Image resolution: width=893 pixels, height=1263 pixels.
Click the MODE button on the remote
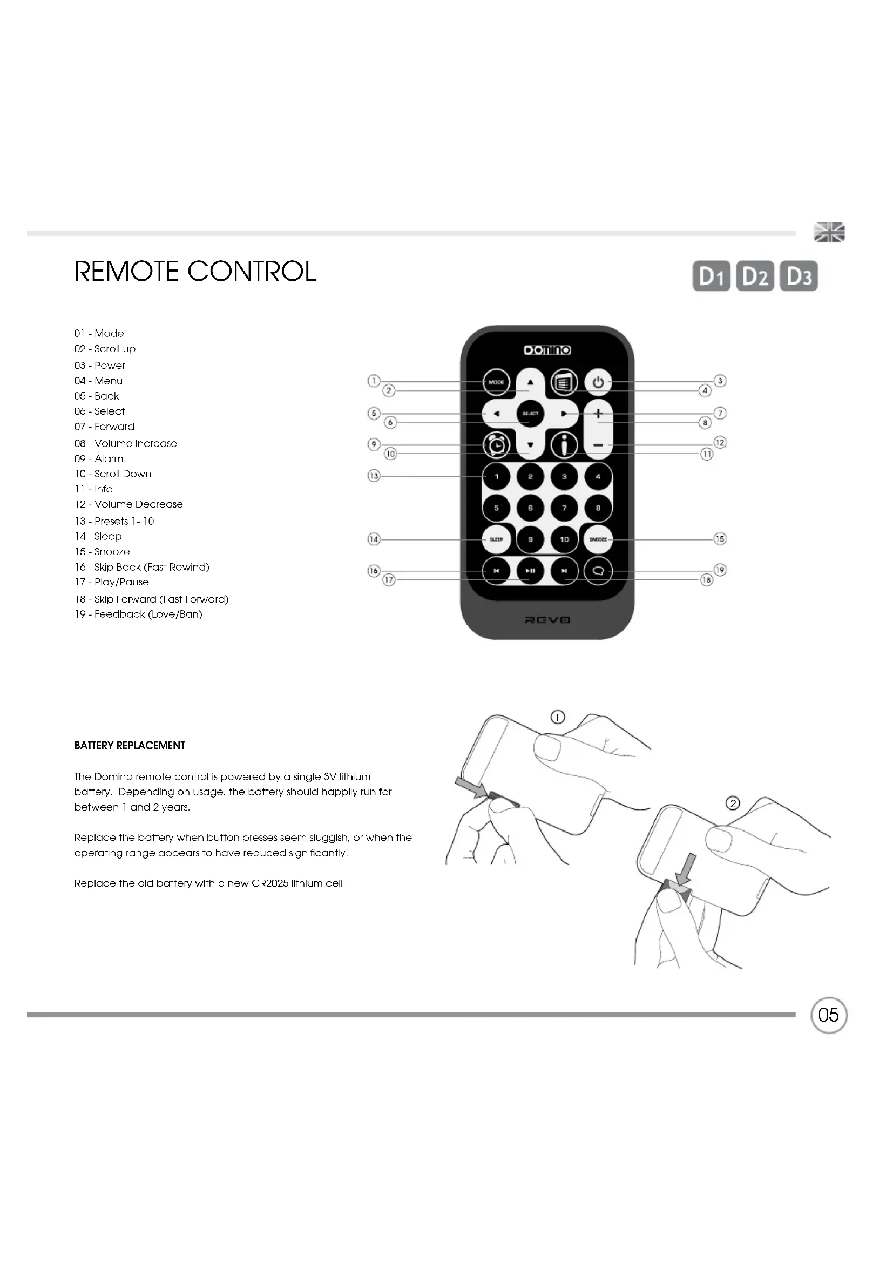[496, 382]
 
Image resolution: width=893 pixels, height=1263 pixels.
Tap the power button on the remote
[598, 382]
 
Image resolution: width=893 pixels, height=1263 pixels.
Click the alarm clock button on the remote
[496, 445]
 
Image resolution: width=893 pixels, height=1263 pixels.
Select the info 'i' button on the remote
[564, 445]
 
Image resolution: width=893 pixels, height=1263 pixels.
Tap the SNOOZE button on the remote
[598, 539]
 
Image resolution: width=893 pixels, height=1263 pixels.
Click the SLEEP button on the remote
[496, 539]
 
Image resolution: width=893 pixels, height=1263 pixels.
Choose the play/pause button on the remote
[530, 571]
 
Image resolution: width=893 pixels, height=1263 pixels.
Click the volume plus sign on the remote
[598, 414]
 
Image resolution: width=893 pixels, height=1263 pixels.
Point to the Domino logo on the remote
[547, 350]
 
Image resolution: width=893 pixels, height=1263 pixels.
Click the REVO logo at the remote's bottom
[547, 620]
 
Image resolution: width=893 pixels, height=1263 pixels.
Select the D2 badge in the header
[754, 275]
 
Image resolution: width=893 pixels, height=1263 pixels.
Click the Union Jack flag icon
[829, 232]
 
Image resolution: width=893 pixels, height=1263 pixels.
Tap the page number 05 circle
[829, 1015]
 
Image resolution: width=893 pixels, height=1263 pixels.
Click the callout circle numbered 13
[374, 476]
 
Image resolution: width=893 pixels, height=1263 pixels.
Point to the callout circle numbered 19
[720, 570]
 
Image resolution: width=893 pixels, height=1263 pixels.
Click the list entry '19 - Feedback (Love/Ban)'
[139, 614]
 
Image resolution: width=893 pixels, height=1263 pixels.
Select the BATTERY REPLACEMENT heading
[130, 745]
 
